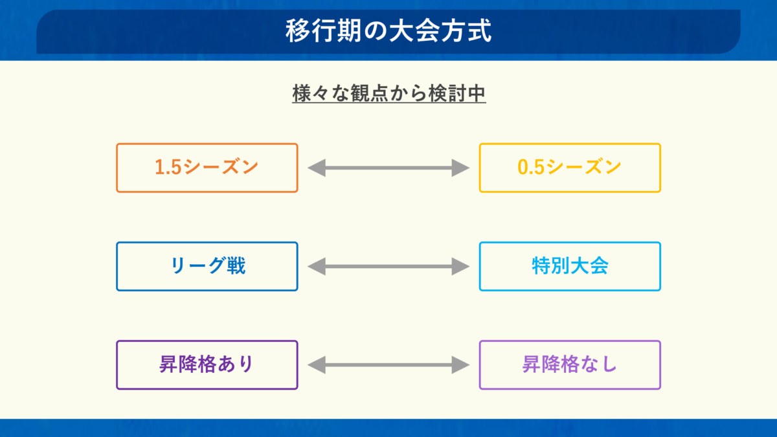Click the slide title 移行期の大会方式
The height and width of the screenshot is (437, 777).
pyautogui.click(x=388, y=31)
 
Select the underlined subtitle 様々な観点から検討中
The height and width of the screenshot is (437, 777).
pyautogui.click(x=389, y=93)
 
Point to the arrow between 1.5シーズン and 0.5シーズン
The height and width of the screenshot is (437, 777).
pyautogui.click(x=388, y=168)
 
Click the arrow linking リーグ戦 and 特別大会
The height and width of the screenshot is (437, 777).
pyautogui.click(x=388, y=266)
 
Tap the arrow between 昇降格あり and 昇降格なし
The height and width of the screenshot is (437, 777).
pyautogui.click(x=388, y=365)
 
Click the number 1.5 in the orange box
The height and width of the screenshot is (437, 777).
pyautogui.click(x=168, y=167)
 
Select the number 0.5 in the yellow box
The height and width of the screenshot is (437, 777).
pyautogui.click(x=531, y=167)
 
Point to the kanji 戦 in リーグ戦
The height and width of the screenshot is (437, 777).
pyautogui.click(x=236, y=266)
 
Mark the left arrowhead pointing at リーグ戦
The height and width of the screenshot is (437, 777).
pyautogui.click(x=317, y=266)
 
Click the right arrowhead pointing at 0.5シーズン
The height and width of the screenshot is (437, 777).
pyautogui.click(x=460, y=168)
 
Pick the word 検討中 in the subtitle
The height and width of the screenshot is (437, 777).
pyautogui.click(x=457, y=93)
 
